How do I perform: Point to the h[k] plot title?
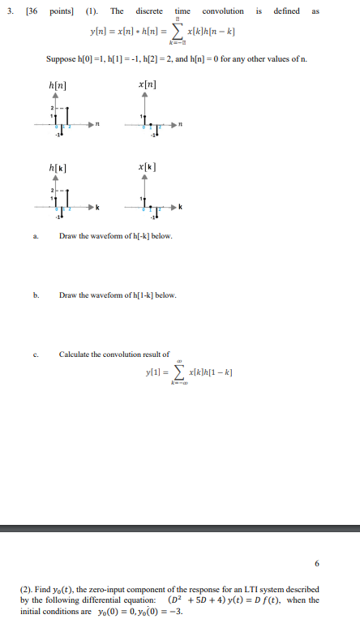[x=58, y=166]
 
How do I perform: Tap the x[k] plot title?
[x=148, y=166]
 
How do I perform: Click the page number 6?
[x=316, y=562]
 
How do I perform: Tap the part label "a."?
[x=36, y=236]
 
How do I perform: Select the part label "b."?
[x=36, y=295]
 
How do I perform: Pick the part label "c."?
[x=36, y=354]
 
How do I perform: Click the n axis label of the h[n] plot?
[x=98, y=124]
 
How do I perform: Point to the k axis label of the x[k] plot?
[x=180, y=208]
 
